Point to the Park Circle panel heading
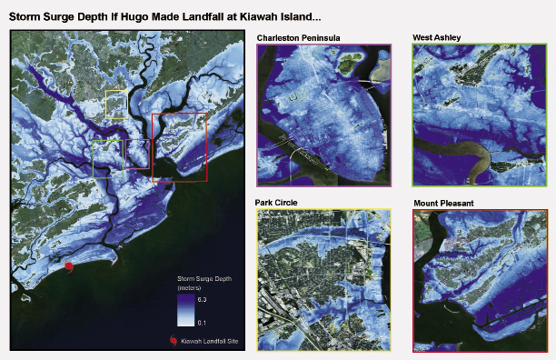277,202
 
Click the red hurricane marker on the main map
68,265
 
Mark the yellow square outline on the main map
117,105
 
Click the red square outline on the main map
180,146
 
